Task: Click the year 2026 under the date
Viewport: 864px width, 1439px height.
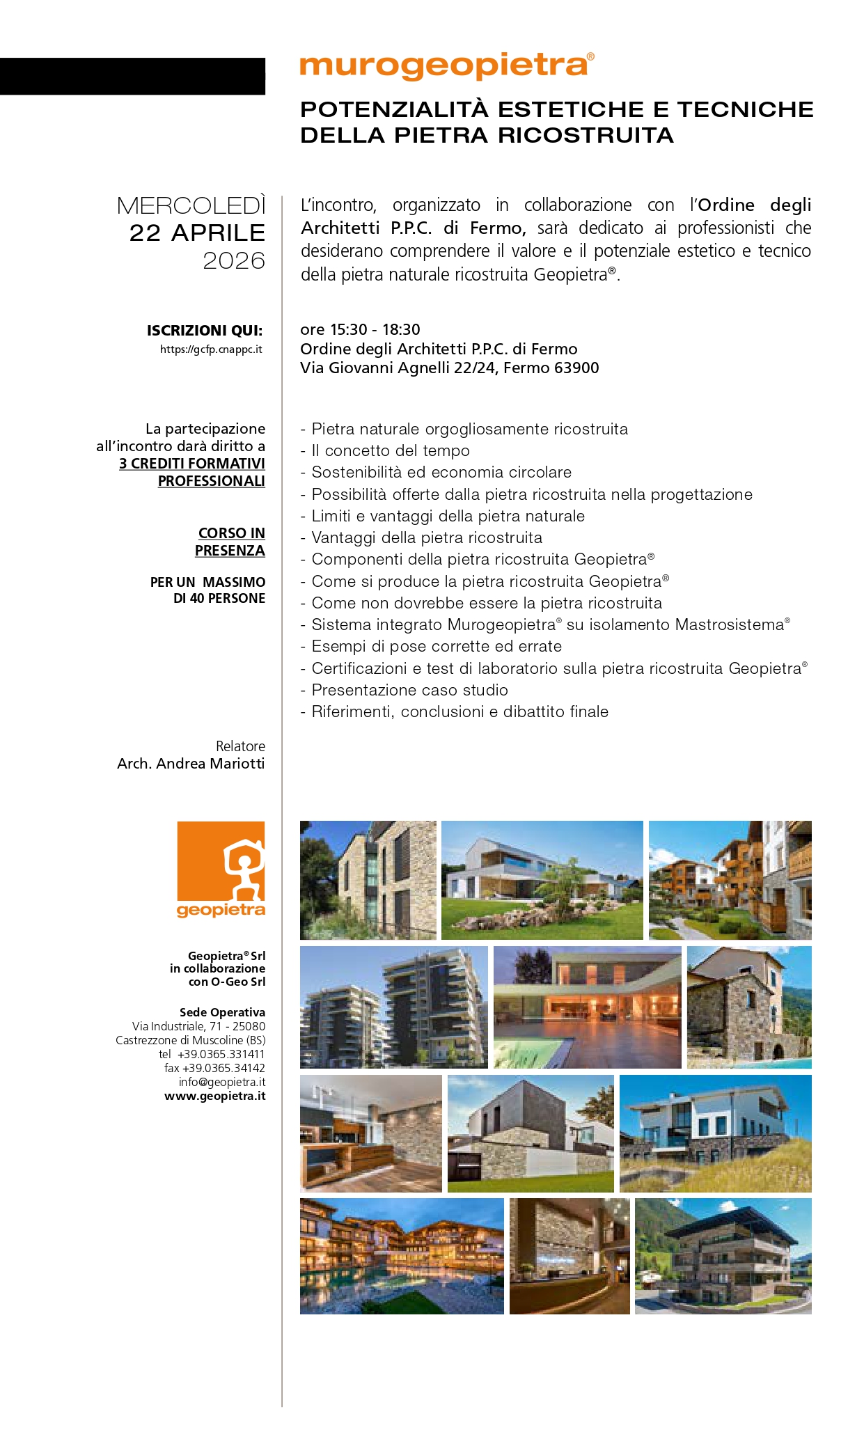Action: (x=234, y=261)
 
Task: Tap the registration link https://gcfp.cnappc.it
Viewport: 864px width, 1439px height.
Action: (x=211, y=349)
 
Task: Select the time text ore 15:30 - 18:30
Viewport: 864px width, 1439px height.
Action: (x=360, y=330)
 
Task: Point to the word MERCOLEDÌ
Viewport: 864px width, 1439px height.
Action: (x=191, y=206)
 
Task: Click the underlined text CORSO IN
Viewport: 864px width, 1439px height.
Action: (x=231, y=533)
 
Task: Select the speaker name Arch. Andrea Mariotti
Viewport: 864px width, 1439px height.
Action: (x=191, y=764)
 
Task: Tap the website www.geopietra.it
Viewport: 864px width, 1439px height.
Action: (x=215, y=1096)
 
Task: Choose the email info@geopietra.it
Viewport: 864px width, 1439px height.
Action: (x=222, y=1083)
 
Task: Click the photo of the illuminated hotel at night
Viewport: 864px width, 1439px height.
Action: (x=402, y=1256)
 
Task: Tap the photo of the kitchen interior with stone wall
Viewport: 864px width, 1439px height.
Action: (x=370, y=1133)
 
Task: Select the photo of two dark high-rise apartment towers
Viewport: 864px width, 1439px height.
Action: (x=393, y=1007)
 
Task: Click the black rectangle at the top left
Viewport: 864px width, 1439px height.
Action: (x=132, y=76)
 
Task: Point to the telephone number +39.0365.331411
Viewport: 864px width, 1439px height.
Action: (x=221, y=1055)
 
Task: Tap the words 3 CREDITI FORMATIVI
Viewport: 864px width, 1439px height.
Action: (x=192, y=464)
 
